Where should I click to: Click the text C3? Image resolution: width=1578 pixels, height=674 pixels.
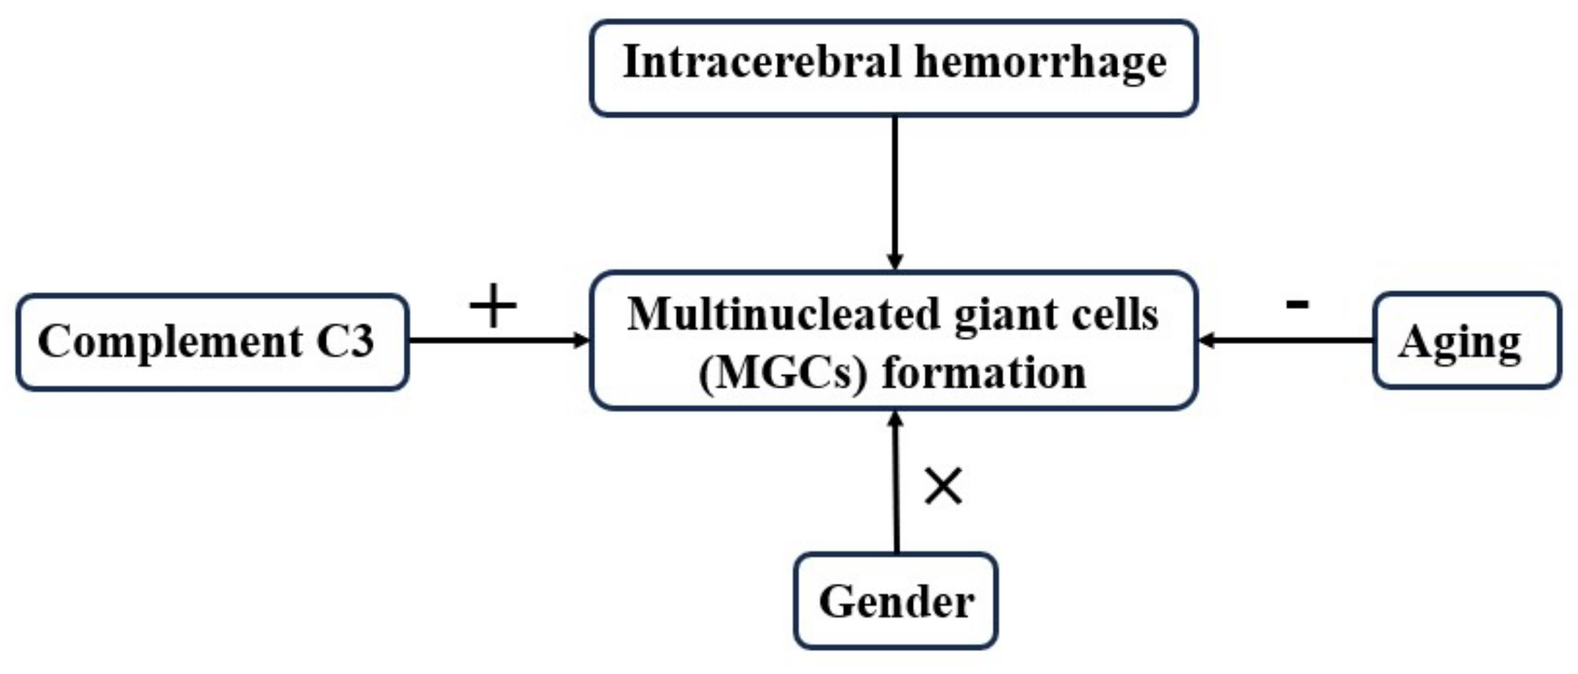pos(345,341)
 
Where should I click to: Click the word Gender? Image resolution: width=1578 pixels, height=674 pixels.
pos(896,602)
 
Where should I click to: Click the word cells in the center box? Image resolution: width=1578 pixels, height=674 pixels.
pos(1119,314)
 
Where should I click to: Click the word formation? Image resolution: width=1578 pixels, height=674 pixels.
pos(984,373)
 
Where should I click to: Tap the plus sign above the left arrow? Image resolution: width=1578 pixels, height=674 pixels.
pos(493,306)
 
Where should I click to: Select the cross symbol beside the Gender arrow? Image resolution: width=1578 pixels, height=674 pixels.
pos(943,486)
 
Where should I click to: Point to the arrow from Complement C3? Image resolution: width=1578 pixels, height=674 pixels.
pos(495,340)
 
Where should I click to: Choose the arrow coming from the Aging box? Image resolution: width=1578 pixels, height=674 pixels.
pos(1287,340)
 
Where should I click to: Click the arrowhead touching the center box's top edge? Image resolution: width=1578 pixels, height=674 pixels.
pos(895,261)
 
